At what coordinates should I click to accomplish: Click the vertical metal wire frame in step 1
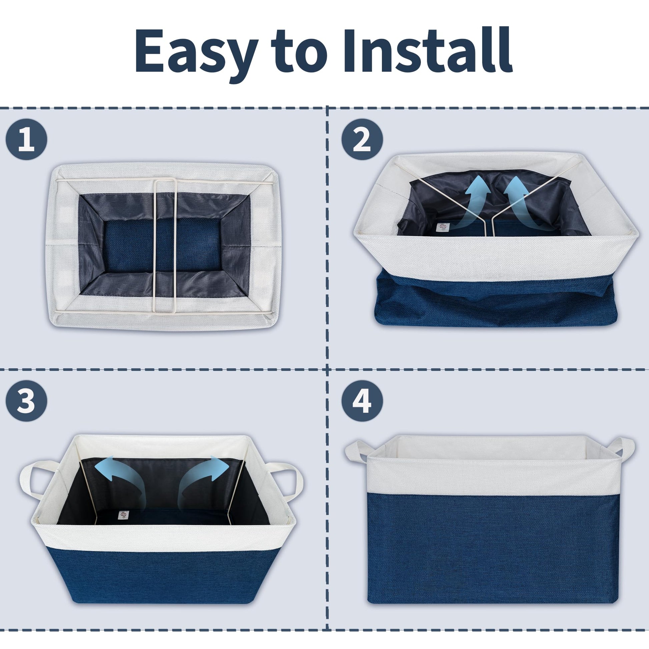point(165,245)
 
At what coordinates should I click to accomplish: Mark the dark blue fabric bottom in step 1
point(163,246)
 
